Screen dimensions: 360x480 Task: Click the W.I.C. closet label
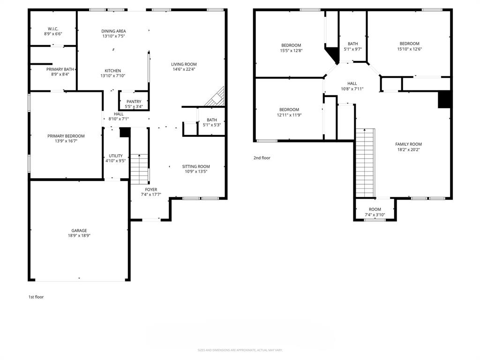point(53,29)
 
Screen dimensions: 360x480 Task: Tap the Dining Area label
point(113,31)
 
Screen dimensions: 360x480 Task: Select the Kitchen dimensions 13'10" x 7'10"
point(112,76)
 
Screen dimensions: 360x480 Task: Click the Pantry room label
point(134,102)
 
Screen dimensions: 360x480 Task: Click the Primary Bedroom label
point(66,136)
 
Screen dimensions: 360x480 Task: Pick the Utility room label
point(115,156)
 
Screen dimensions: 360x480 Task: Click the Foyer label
point(151,189)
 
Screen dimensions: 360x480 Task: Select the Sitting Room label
point(196,166)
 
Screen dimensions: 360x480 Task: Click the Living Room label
point(184,64)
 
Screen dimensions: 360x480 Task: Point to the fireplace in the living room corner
point(217,97)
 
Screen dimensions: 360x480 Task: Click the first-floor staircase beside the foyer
point(139,169)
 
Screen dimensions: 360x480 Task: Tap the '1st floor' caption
point(36,297)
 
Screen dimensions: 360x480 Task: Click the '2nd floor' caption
point(262,158)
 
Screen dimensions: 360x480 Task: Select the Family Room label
point(409,144)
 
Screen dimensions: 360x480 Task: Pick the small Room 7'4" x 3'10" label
point(375,210)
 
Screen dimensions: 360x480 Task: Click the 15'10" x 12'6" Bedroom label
point(409,44)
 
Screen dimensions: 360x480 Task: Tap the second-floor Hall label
point(352,83)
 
